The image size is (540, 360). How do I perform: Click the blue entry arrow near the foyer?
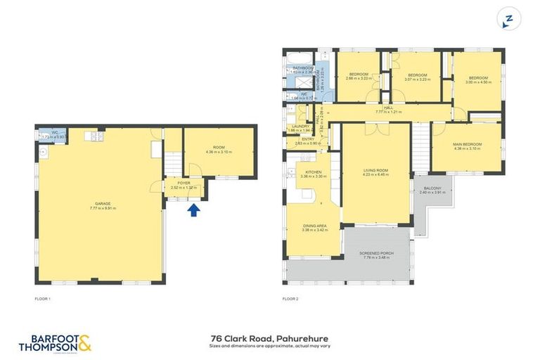(x=195, y=210)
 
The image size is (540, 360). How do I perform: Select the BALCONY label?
(x=429, y=191)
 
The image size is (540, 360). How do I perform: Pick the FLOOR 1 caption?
(x=43, y=299)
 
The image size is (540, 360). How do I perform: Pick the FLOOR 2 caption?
(x=290, y=299)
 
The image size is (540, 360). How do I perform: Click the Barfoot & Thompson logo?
(x=56, y=343)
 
